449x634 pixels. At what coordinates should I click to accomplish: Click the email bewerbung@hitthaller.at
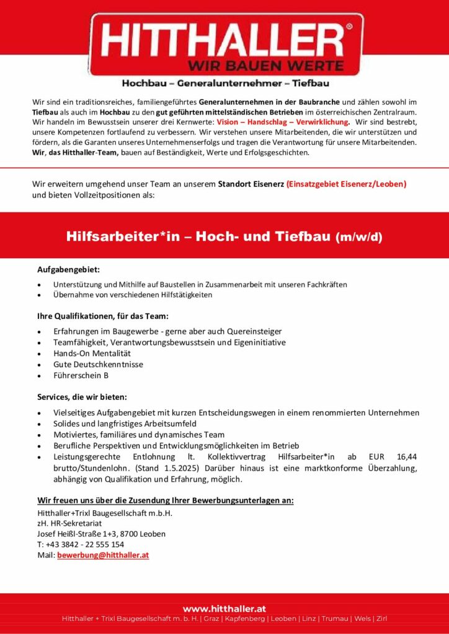(103, 555)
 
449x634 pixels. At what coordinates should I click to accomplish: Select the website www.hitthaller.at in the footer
(225, 609)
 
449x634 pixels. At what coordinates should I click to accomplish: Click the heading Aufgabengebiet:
(68, 269)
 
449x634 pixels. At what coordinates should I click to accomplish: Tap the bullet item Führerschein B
(81, 375)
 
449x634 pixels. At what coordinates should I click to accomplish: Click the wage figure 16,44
(404, 457)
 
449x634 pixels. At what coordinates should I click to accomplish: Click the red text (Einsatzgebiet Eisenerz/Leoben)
(346, 184)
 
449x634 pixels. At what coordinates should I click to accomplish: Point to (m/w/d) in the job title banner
(359, 237)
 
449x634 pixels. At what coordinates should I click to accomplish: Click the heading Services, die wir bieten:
(82, 396)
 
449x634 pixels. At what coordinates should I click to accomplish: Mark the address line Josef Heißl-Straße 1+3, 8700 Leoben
(101, 534)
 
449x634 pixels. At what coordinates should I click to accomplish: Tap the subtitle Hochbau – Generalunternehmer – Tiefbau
(225, 82)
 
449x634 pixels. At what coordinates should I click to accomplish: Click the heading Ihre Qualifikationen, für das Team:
(102, 316)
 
